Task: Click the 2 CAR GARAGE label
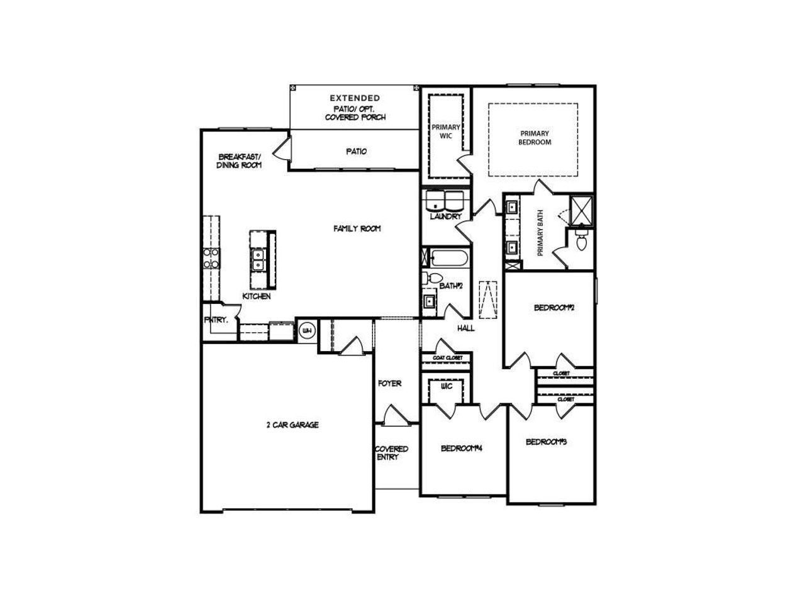(292, 425)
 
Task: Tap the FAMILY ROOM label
(357, 229)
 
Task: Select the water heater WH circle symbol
(308, 331)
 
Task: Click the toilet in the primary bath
(582, 240)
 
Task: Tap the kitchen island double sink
(258, 259)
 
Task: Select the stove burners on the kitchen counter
(211, 259)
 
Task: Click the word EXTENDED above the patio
(355, 98)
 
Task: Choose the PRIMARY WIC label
(446, 131)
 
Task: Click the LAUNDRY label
(446, 216)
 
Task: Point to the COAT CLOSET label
(447, 358)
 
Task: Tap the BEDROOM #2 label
(555, 308)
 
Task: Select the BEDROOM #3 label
(547, 442)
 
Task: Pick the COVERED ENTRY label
(392, 453)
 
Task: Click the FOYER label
(390, 383)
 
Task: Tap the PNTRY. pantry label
(216, 320)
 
